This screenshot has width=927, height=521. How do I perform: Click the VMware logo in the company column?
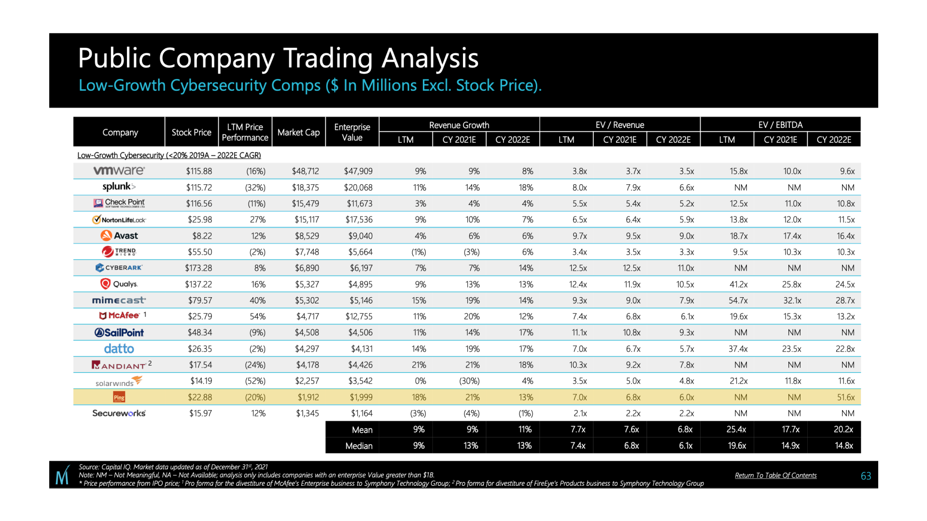coord(119,171)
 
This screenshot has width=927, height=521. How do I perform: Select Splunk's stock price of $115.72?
coord(199,188)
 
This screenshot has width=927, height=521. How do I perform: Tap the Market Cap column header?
coord(298,132)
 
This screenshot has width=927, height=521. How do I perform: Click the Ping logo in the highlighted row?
coord(119,398)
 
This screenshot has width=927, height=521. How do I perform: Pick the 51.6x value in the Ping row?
coord(845,398)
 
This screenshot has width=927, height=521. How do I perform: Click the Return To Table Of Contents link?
coord(775,476)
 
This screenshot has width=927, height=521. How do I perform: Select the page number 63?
coord(866,476)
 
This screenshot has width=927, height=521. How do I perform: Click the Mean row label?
coord(362,430)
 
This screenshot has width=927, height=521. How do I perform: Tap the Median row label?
coord(359,446)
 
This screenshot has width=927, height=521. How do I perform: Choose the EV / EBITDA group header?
coord(780,125)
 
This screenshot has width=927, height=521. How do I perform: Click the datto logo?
coord(119,349)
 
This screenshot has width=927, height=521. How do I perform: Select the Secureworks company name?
coord(119,413)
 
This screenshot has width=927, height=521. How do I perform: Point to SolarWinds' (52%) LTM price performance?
coord(255,381)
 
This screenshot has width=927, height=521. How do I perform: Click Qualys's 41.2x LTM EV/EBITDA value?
coord(738,285)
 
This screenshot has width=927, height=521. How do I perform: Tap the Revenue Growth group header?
coord(459,125)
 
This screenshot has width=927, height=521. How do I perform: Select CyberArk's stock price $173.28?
coord(198,268)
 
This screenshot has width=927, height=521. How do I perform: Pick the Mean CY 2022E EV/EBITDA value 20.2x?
coord(843,430)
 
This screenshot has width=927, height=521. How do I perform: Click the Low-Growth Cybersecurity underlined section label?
coord(169,155)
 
